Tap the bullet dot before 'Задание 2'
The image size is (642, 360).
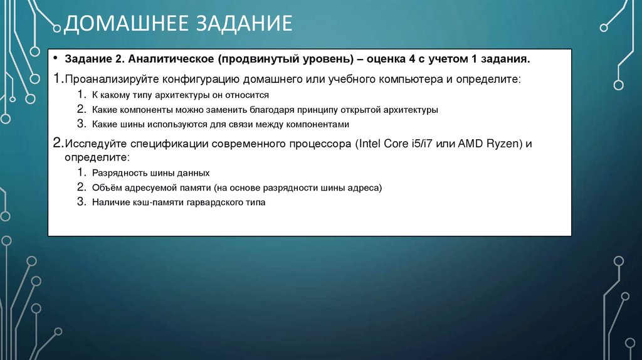(56, 59)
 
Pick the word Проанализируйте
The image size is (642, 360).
(111, 81)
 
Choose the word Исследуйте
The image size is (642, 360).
(95, 143)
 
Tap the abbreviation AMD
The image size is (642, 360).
(471, 143)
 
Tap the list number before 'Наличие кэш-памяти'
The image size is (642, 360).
(81, 201)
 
